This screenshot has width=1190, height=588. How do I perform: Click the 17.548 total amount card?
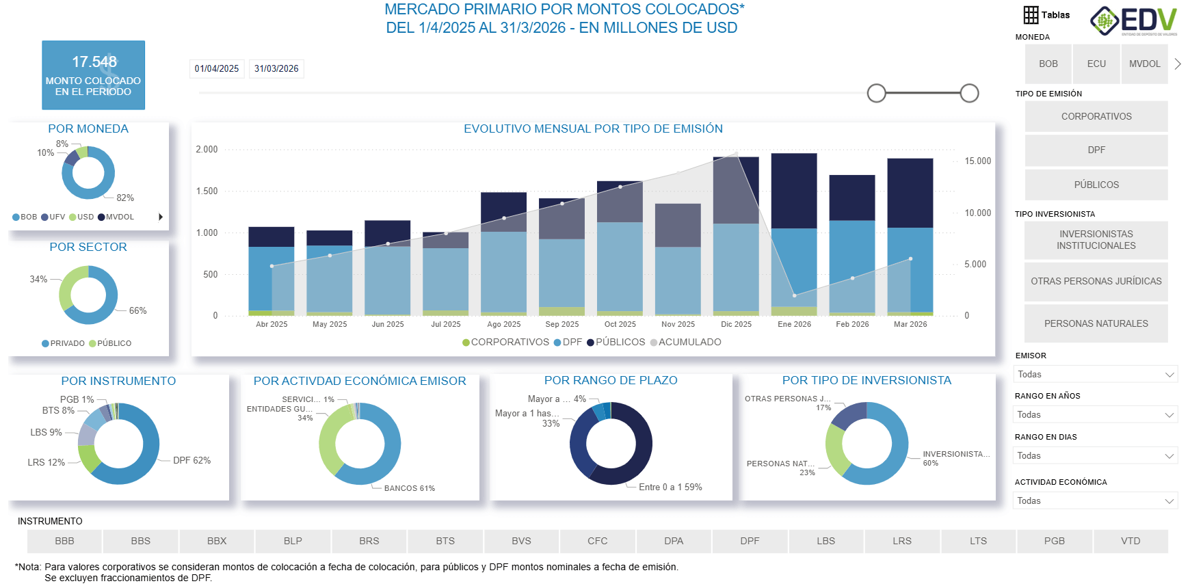[x=93, y=75]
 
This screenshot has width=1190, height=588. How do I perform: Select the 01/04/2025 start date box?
[x=217, y=68]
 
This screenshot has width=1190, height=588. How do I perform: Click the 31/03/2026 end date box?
[x=276, y=68]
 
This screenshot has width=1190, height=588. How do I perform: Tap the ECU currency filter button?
[x=1096, y=64]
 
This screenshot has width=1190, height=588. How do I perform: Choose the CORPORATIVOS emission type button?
[x=1096, y=116]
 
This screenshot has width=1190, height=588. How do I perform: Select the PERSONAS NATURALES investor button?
[x=1096, y=323]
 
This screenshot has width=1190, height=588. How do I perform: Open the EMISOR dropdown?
[x=1095, y=374]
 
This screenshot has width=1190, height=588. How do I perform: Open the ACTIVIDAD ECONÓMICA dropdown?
[x=1095, y=500]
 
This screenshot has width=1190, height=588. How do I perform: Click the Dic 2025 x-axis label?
[x=736, y=324]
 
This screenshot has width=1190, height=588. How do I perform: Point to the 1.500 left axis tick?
[x=207, y=191]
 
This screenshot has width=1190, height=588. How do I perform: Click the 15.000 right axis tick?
[x=977, y=161]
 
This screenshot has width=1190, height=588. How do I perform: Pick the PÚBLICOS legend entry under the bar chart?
[x=620, y=342]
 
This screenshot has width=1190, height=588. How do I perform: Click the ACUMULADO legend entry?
[x=689, y=342]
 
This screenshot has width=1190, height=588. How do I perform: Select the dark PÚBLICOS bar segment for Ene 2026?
[x=794, y=190]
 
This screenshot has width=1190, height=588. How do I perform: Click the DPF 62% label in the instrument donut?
[x=191, y=460]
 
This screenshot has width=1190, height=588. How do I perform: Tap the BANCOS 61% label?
[x=409, y=488]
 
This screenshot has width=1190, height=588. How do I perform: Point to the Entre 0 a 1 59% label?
[x=670, y=487]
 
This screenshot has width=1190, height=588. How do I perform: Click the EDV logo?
[x=1133, y=21]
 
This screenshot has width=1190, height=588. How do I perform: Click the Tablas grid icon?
[x=1031, y=14]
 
